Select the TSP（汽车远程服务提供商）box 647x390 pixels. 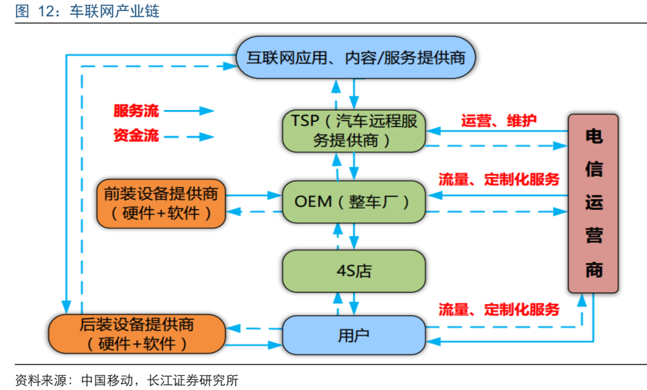(354, 130)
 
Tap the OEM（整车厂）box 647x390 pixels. (354, 201)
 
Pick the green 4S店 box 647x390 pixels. (354, 271)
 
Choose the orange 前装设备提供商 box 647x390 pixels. (161, 203)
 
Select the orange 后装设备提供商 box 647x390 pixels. (137, 334)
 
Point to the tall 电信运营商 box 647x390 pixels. (593, 203)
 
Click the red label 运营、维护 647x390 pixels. (499, 120)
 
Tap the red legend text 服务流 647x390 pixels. (136, 111)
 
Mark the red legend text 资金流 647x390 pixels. (136, 136)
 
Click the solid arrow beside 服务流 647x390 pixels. (188, 111)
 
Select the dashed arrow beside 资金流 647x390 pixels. (188, 137)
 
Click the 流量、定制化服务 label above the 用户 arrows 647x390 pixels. (499, 309)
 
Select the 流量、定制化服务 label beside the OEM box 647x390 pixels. (499, 179)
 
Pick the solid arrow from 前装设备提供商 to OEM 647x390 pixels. (253, 195)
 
